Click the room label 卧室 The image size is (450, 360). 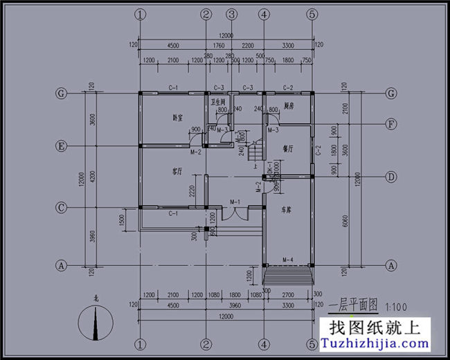177,118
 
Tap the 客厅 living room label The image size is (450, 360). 177,170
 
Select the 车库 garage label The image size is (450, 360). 286,208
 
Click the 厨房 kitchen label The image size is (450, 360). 289,106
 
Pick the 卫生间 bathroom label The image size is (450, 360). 218,102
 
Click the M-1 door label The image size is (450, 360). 234,201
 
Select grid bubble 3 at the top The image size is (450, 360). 231,14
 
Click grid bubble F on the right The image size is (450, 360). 391,125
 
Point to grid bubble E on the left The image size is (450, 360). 62,147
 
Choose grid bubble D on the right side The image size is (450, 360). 391,177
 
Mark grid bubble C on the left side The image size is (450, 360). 62,207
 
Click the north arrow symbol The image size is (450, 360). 95,324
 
